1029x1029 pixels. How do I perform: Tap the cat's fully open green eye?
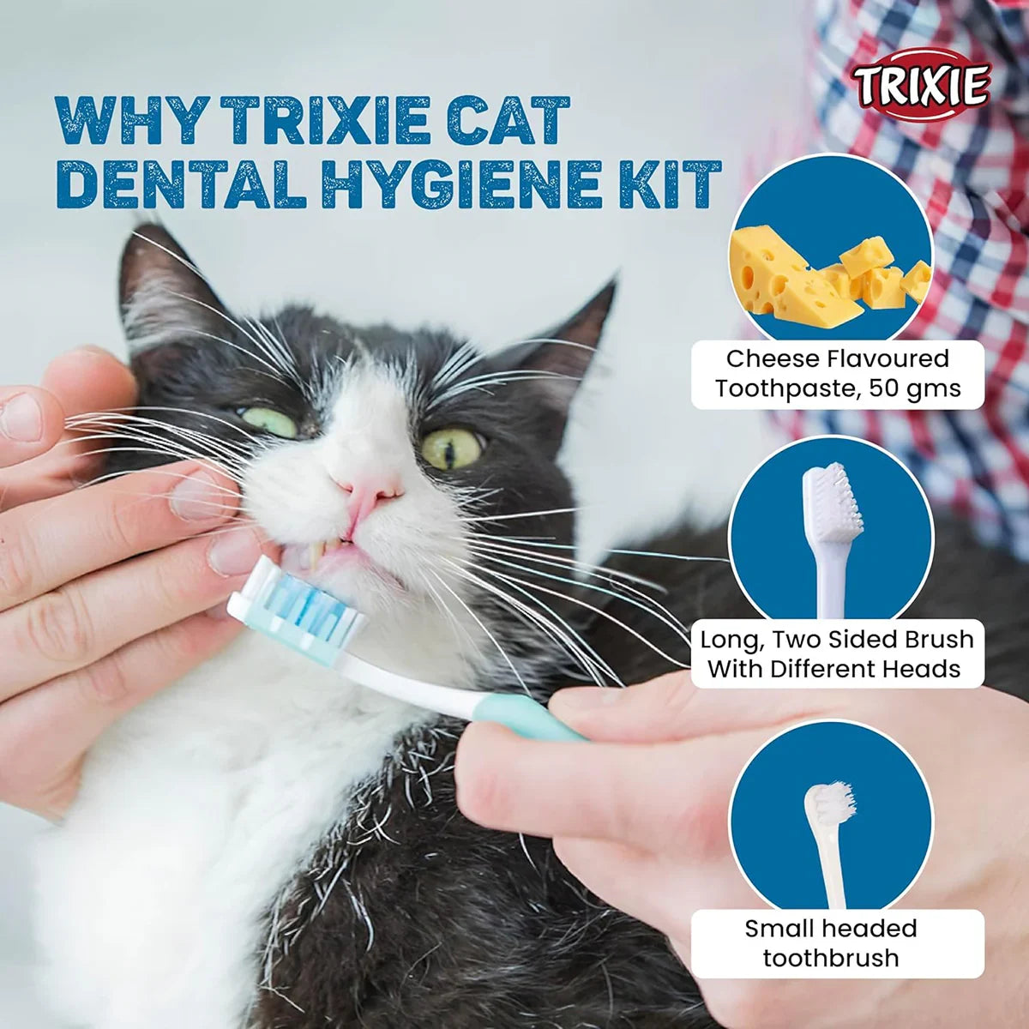[x=452, y=447]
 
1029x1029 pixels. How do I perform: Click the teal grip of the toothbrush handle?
[x=522, y=717]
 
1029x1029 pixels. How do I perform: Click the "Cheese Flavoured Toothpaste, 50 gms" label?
[x=838, y=373]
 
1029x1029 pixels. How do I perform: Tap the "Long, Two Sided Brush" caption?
[x=837, y=640]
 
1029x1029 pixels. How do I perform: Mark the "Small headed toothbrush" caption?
[x=831, y=942]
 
